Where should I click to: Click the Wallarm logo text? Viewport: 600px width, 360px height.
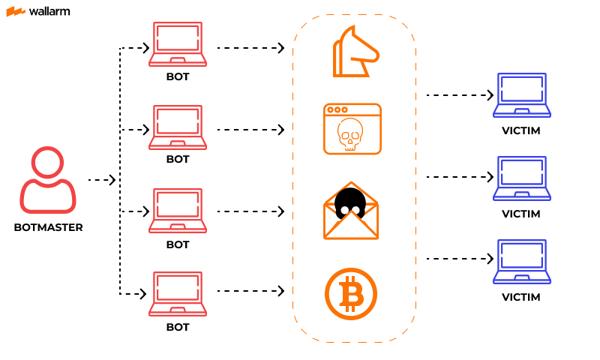pos(49,11)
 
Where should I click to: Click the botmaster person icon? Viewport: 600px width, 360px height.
pos(48,181)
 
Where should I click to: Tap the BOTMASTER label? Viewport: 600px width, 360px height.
pos(48,227)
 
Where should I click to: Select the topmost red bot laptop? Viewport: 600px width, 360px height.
pos(178,45)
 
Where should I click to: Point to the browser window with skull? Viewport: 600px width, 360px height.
pos(352,129)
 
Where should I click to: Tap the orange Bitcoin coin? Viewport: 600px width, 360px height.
pos(350,293)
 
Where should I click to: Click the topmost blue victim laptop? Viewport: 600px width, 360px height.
pos(521,95)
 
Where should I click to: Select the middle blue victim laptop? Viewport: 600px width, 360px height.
pos(521,178)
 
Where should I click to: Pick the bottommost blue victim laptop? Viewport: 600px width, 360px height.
pos(521,262)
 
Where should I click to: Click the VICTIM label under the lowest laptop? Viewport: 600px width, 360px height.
pos(521,297)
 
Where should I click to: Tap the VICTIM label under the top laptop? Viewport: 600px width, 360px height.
pos(521,130)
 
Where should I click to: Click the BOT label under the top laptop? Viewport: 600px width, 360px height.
pos(178,76)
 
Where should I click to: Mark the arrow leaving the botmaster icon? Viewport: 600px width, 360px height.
pos(102,180)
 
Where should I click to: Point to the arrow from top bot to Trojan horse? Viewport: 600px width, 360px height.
pos(250,48)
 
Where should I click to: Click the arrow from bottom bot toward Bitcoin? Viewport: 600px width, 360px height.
pos(250,290)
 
